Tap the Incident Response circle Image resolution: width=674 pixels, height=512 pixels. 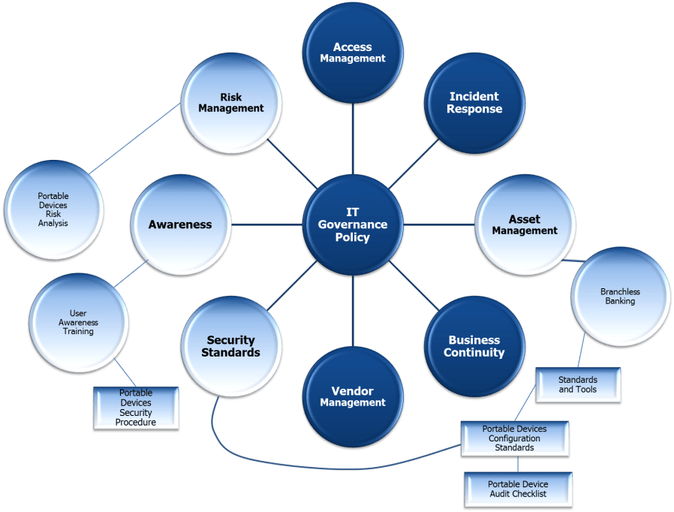click(x=474, y=103)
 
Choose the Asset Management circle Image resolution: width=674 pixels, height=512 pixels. click(x=525, y=225)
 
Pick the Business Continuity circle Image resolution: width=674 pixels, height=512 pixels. click(x=474, y=346)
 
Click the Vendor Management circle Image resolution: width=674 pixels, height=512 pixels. click(x=353, y=396)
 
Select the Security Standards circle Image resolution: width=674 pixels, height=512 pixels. click(x=233, y=346)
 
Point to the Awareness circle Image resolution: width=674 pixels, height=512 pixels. click(x=180, y=224)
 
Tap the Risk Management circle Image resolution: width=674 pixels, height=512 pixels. click(x=231, y=103)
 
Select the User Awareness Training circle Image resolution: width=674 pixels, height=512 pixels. click(x=78, y=323)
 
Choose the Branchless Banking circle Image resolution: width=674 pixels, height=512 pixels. click(x=620, y=297)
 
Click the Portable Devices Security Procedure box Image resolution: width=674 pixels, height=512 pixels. click(x=136, y=408)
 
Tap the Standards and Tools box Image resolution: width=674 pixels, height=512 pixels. click(x=577, y=384)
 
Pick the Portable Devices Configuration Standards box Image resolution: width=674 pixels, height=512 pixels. click(x=514, y=438)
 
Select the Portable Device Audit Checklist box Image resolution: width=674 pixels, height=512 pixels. click(x=518, y=489)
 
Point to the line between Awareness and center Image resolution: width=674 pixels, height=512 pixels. click(x=266, y=224)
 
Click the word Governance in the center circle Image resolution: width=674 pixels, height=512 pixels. click(x=353, y=224)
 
